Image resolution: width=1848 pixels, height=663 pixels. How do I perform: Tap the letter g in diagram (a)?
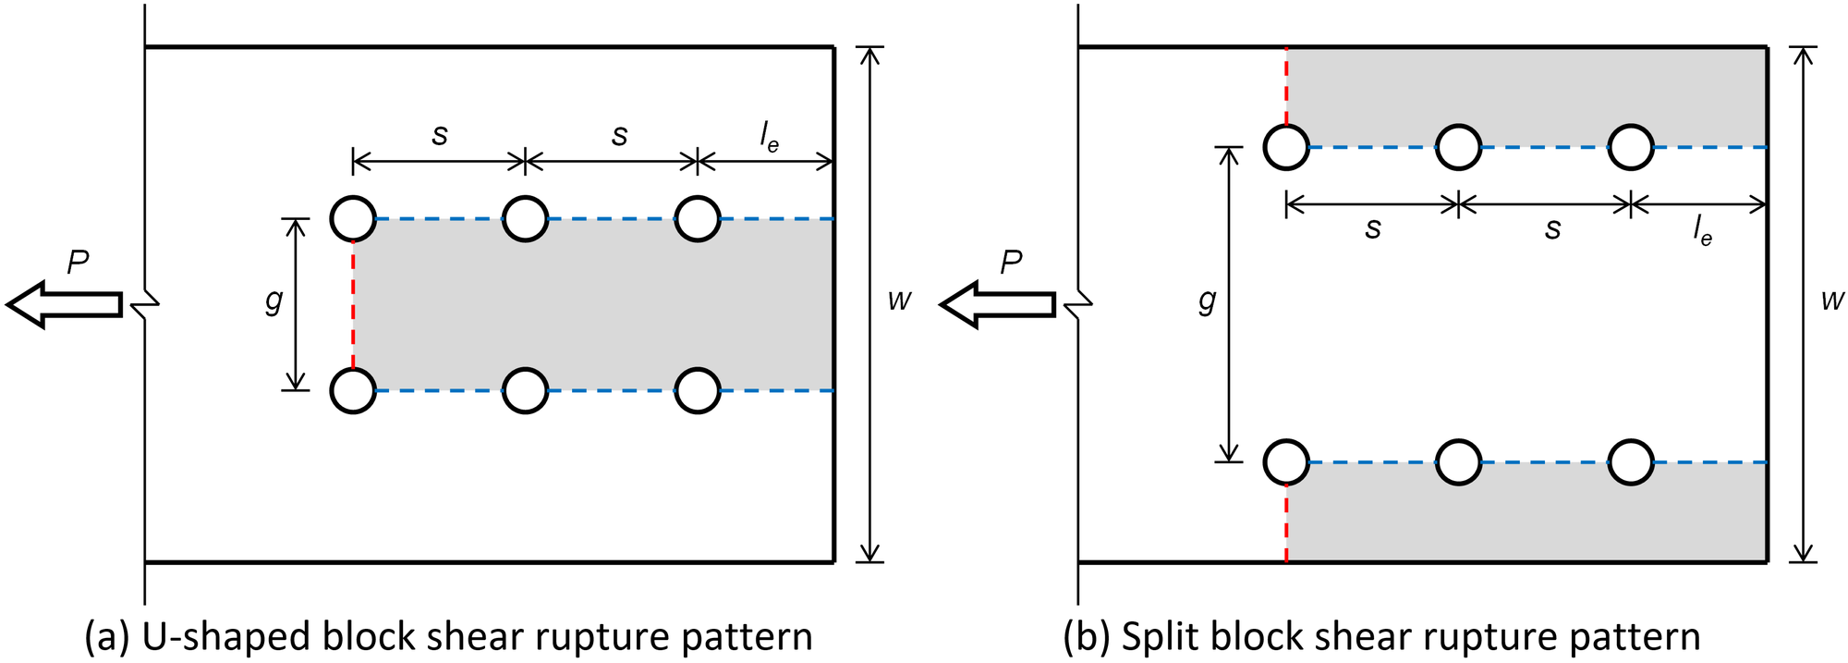pos(274,301)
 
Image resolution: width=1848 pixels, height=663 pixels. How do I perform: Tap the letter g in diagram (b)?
pos(1207,301)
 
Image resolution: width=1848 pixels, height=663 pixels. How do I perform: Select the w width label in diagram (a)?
pos(899,300)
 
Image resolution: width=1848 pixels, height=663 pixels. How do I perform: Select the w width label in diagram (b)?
pos(1832,300)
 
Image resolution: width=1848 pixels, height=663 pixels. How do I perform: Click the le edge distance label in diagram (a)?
pos(769,138)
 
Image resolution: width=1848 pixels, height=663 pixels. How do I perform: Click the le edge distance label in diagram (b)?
pos(1702,231)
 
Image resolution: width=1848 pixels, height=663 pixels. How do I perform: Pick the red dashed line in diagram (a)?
pos(353,305)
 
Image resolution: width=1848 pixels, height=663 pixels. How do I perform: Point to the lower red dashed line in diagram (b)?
pos(1286,523)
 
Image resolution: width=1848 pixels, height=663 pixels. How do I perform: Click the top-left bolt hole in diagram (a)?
pos(353,219)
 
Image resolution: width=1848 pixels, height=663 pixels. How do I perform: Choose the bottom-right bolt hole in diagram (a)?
pos(698,390)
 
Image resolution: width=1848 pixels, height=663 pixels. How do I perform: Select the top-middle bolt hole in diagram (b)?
pos(1458,147)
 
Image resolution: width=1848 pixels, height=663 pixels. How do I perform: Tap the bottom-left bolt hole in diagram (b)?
pos(1286,462)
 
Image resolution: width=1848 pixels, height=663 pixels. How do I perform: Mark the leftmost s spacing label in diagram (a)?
pos(440,136)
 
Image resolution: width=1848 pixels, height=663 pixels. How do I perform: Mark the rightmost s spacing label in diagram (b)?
pos(1552,228)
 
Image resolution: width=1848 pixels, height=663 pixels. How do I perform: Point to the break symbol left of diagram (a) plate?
pos(148,303)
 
